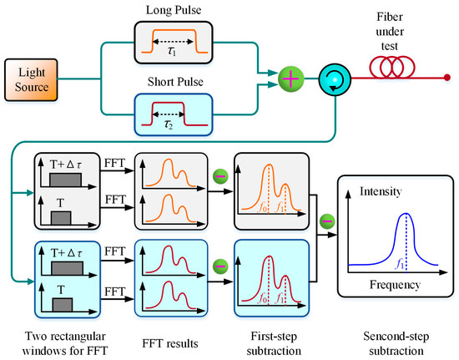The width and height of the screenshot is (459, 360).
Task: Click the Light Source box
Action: (31, 79)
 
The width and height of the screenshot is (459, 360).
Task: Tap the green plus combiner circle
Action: (290, 79)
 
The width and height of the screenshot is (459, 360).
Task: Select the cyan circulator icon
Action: (335, 79)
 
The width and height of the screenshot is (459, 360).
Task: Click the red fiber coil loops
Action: (392, 67)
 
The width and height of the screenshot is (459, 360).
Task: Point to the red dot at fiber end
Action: (447, 78)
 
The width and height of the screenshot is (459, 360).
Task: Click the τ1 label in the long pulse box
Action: (172, 52)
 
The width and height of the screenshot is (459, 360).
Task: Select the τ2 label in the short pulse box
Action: (169, 124)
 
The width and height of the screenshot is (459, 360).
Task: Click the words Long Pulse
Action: (174, 10)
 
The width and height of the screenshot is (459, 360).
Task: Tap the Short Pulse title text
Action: (175, 82)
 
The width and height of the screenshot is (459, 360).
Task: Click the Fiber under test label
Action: (390, 32)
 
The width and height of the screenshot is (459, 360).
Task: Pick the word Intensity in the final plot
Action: (381, 191)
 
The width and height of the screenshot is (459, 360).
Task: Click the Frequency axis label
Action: (395, 285)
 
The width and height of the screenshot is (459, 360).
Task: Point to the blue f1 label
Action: (400, 264)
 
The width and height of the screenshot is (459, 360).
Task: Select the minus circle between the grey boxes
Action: (220, 176)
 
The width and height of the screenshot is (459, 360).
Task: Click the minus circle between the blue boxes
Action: (220, 266)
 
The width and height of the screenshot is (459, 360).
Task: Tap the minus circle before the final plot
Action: (327, 221)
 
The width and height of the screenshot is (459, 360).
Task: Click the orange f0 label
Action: (263, 208)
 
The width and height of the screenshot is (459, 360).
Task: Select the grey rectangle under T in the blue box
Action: (63, 305)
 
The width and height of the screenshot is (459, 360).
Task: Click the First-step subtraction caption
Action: (274, 343)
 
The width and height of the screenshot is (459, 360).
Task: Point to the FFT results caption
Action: (170, 343)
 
